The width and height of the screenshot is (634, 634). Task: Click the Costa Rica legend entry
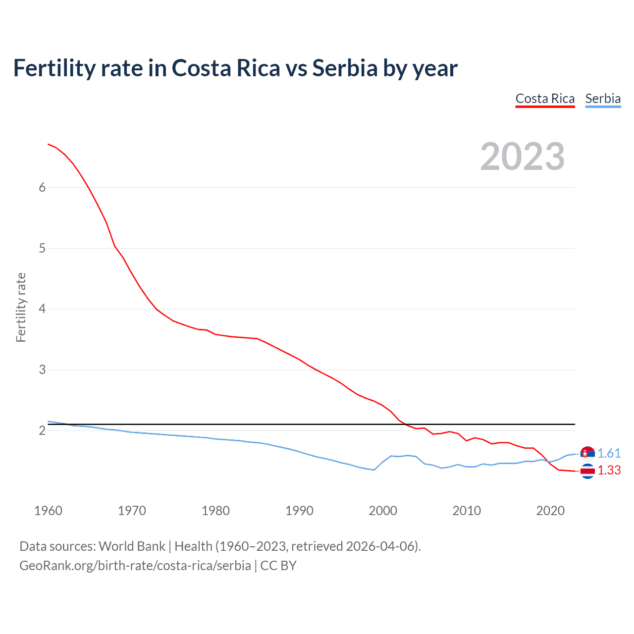[545, 99]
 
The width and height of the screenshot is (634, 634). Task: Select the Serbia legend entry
[603, 99]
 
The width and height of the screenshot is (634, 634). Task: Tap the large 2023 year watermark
[523, 157]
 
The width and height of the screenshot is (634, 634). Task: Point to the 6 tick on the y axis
[42, 187]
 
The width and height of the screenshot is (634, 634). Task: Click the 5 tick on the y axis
[42, 248]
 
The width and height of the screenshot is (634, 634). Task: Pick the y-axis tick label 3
[42, 370]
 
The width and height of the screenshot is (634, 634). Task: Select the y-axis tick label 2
[42, 431]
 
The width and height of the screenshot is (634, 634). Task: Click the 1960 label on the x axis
[48, 511]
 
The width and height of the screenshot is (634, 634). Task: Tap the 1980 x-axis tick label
[215, 511]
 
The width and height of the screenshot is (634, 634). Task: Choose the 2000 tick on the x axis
[383, 511]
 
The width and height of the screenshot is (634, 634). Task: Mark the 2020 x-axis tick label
[550, 511]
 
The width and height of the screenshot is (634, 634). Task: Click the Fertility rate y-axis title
[21, 307]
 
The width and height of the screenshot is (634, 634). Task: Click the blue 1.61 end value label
[609, 453]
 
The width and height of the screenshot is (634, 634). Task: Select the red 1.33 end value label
[609, 471]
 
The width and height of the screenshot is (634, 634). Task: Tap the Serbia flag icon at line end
[587, 453]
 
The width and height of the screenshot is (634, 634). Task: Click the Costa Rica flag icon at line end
[587, 472]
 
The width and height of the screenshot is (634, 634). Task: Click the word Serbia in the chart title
[345, 68]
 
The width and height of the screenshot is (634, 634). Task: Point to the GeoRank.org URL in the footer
[135, 566]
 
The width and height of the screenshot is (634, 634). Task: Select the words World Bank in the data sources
[132, 546]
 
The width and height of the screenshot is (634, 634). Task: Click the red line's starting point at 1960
[48, 144]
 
